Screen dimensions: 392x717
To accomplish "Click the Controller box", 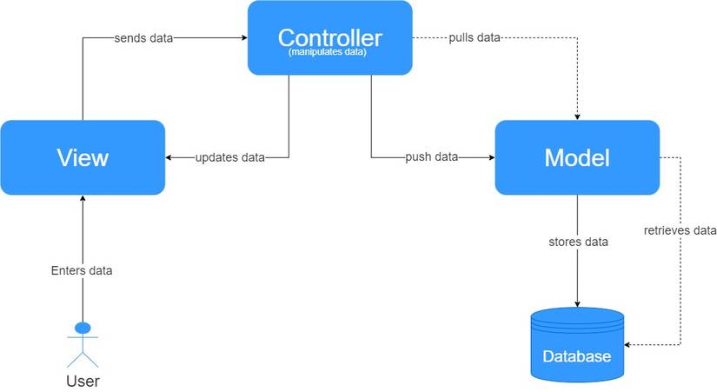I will point(329,37).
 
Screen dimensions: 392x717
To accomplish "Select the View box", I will point(83,157).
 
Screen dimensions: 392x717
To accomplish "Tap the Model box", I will point(576,157).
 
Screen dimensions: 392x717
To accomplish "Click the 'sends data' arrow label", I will point(144,38).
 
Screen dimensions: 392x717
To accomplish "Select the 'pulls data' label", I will point(474,38).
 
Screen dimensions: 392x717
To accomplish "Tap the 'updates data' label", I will point(229,157).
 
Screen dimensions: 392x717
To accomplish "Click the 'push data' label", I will point(432,157).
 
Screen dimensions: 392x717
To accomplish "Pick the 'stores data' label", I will point(578,241).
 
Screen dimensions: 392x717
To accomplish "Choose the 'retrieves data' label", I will point(680,230).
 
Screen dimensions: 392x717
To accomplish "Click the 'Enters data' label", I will point(82,270).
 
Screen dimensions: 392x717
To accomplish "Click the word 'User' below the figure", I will point(83,381).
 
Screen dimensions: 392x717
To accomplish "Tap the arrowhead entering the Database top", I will point(577,303).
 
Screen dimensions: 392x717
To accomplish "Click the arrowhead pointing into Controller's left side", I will point(243,38).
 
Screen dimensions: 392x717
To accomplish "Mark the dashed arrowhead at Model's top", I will point(577,116).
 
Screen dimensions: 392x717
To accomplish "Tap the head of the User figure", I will point(83,328).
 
